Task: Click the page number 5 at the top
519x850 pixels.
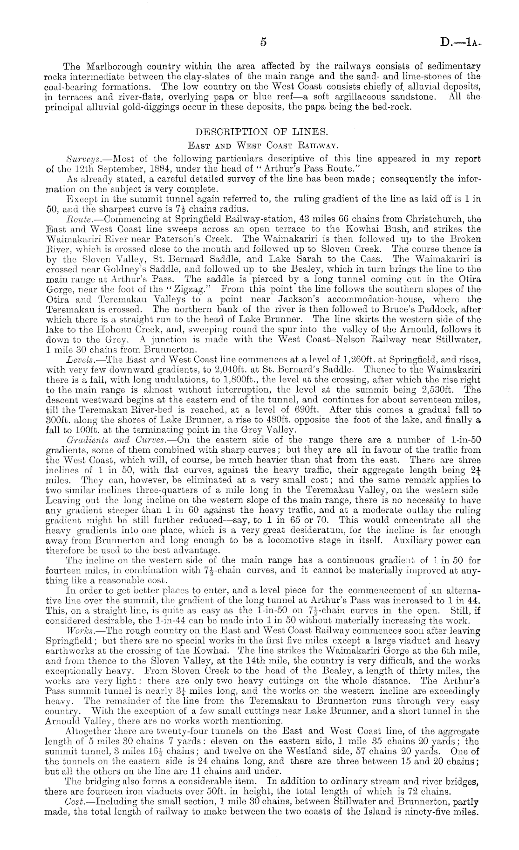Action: pyautogui.click(x=263, y=42)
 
